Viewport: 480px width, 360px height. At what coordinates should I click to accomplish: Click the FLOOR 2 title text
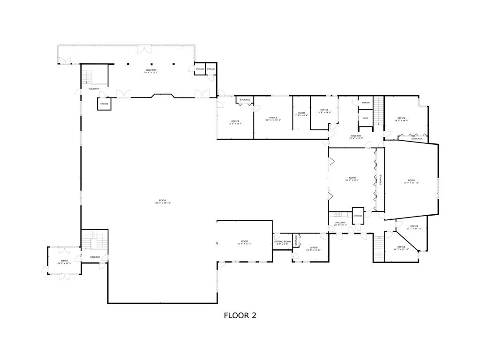click(x=240, y=315)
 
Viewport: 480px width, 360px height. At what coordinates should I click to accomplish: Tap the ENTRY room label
click(x=64, y=262)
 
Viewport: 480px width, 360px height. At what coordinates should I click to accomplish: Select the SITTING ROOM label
click(x=282, y=242)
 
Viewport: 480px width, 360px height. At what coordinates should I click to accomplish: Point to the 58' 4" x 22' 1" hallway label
click(x=151, y=71)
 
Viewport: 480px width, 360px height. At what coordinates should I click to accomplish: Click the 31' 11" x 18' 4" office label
click(x=273, y=119)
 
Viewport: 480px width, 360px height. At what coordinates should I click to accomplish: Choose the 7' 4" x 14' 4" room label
click(x=301, y=114)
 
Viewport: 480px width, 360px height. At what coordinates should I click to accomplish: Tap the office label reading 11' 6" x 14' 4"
click(x=324, y=111)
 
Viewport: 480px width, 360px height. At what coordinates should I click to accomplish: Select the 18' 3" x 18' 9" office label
click(x=401, y=119)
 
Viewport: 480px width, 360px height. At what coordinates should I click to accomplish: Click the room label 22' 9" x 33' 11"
click(x=411, y=181)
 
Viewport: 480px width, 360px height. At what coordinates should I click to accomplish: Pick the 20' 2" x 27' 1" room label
click(x=352, y=179)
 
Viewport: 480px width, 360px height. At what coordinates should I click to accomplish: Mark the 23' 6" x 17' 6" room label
click(x=244, y=242)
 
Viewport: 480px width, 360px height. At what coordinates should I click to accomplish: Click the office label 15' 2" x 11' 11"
click(x=314, y=248)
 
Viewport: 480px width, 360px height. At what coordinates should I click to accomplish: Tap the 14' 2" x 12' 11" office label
click(x=401, y=248)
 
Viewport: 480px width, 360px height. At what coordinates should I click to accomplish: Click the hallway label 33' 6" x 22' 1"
click(x=356, y=137)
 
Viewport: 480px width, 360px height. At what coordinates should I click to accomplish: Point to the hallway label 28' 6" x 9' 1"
click(x=340, y=224)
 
